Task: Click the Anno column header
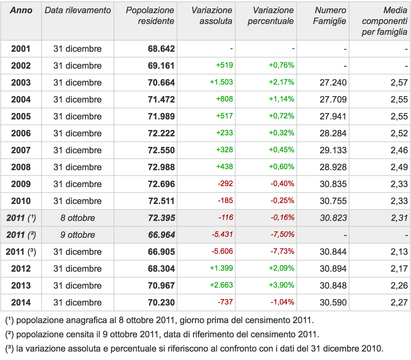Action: (21, 10)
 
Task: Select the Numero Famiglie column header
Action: (330, 16)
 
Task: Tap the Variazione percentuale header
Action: (270, 16)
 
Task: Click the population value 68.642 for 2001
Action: (161, 49)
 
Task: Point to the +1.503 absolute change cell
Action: (221, 82)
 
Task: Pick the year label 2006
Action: (21, 133)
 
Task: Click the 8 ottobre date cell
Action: (78, 218)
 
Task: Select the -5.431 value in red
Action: (222, 234)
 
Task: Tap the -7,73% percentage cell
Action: (282, 251)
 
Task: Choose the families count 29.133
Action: (333, 150)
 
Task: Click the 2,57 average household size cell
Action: (399, 83)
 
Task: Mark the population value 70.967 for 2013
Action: (161, 286)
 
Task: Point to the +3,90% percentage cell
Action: (282, 285)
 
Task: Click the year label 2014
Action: (21, 302)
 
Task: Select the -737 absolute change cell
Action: (225, 302)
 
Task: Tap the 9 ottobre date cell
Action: (78, 235)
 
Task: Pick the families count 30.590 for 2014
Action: (333, 302)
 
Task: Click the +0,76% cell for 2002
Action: (282, 65)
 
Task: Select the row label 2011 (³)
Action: (21, 252)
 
